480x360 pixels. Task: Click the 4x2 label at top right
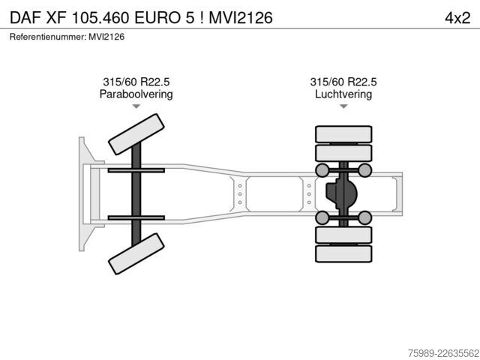(x=457, y=18)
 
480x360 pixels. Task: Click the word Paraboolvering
(x=136, y=94)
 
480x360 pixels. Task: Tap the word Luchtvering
(x=343, y=94)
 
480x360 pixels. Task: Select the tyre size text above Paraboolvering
(x=136, y=82)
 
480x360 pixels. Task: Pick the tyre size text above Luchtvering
(x=343, y=82)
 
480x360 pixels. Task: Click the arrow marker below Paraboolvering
(x=136, y=106)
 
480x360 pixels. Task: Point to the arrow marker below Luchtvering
(x=343, y=106)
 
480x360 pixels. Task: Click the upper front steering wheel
(x=136, y=134)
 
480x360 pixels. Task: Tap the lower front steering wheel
(x=136, y=253)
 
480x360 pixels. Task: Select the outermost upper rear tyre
(x=343, y=134)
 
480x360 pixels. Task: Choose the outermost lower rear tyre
(x=343, y=253)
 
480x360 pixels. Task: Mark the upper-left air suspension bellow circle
(x=322, y=170)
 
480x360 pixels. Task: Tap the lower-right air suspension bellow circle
(x=365, y=217)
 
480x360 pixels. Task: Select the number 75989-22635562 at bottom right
(x=443, y=353)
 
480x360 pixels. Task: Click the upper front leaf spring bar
(x=136, y=170)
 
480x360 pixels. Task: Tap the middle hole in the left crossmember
(x=240, y=194)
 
